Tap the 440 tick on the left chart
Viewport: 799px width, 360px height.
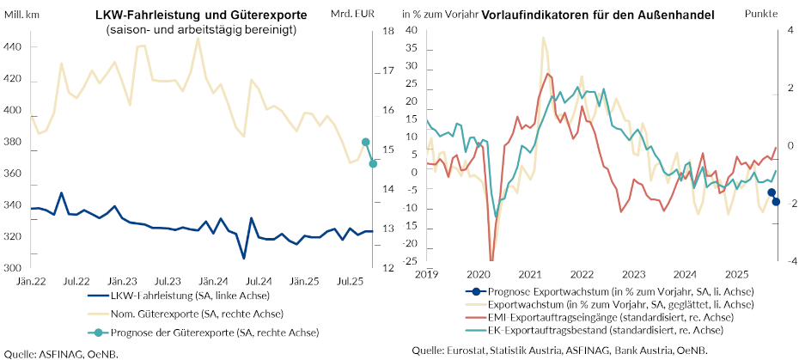tap(15, 47)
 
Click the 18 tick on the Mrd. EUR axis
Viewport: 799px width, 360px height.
tap(388, 31)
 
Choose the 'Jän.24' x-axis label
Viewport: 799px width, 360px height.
tap(213, 282)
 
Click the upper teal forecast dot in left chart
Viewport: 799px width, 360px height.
tap(365, 143)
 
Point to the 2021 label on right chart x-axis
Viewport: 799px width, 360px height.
tap(530, 274)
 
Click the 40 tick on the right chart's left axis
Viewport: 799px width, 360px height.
tap(411, 31)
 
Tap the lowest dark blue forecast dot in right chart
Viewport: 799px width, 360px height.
tap(776, 202)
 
